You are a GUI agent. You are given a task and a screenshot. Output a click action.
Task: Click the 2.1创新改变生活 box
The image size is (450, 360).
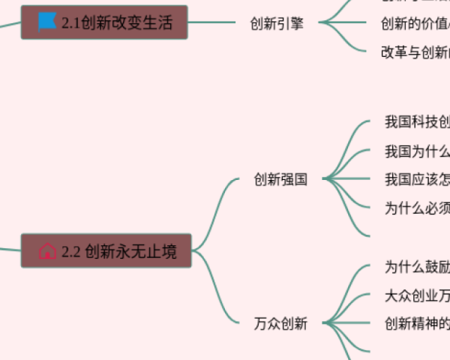pyautogui.click(x=105, y=22)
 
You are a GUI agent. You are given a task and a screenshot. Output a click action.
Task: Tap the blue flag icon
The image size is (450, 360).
pyautogui.click(x=47, y=21)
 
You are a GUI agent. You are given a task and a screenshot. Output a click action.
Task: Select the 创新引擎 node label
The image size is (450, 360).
pyautogui.click(x=277, y=23)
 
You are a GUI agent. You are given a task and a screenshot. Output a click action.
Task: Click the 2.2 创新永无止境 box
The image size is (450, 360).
pyautogui.click(x=106, y=251)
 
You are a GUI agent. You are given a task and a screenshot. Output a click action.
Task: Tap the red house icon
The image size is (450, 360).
pyautogui.click(x=47, y=251)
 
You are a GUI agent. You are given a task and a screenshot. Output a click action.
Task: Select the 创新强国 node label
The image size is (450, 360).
pyautogui.click(x=280, y=179)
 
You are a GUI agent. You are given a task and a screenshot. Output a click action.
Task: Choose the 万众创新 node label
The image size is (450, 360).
pyautogui.click(x=280, y=324)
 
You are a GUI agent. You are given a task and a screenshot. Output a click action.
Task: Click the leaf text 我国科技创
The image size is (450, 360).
pyautogui.click(x=417, y=122)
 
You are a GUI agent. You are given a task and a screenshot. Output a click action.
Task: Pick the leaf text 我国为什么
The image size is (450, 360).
pyautogui.click(x=417, y=151)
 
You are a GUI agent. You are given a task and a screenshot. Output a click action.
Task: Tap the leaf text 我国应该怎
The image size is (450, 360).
pyautogui.click(x=417, y=179)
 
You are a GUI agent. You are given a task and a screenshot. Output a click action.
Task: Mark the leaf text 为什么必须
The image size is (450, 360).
pyautogui.click(x=417, y=208)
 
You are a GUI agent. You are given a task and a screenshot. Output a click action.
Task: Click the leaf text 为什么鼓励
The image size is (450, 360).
pyautogui.click(x=417, y=267)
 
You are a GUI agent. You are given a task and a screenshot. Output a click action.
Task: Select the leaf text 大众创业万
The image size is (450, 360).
pyautogui.click(x=417, y=295)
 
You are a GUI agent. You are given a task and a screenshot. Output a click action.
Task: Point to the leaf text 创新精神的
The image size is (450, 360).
pyautogui.click(x=417, y=324)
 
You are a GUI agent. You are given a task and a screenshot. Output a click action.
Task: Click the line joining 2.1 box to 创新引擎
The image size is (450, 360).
pyautogui.click(x=214, y=22)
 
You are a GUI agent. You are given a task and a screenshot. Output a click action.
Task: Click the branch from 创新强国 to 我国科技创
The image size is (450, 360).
pyautogui.click(x=345, y=142)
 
